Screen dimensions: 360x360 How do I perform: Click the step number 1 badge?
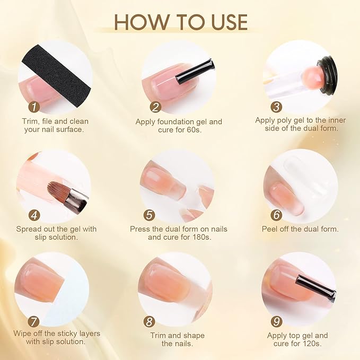(34, 107)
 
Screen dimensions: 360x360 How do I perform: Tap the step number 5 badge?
(149, 215)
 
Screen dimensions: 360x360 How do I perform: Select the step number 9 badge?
(276, 321)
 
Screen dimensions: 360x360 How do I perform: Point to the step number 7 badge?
(33, 321)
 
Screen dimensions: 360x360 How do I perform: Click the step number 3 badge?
(276, 107)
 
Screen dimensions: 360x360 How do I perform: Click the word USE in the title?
(230, 22)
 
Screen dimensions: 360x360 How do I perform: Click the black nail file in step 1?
(57, 76)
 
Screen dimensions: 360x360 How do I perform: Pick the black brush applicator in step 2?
(195, 72)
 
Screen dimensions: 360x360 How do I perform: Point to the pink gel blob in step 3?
(312, 75)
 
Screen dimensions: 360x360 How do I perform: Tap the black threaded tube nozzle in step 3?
(327, 75)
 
